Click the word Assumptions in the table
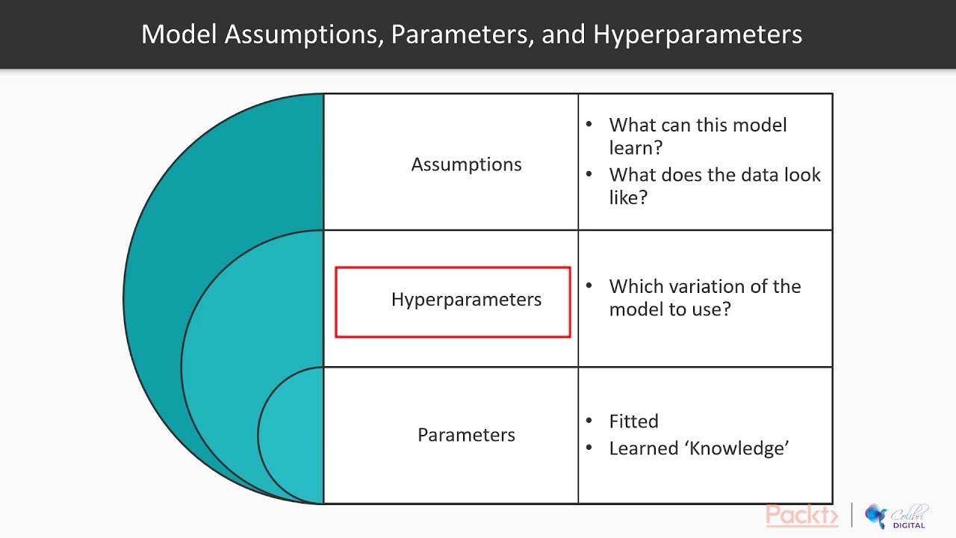point(466,164)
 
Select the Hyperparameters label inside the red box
point(466,300)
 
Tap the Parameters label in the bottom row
point(466,435)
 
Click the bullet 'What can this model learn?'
point(698,136)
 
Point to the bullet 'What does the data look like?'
point(714,186)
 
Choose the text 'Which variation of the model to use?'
point(704,297)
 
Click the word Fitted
point(633,421)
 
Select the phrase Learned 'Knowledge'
point(699,448)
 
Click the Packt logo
point(802,516)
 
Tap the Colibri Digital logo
point(896,516)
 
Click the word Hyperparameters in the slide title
point(698,34)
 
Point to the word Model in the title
point(179,34)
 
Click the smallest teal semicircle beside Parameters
point(293,435)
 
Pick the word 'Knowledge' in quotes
point(739,448)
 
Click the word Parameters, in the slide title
point(463,34)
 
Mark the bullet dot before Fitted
point(590,421)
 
